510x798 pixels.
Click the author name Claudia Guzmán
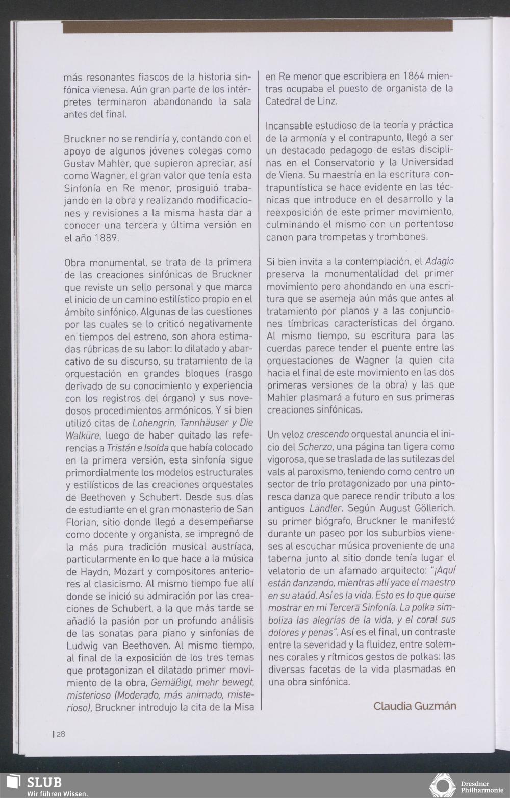pos(415,706)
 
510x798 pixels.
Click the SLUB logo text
pos(44,782)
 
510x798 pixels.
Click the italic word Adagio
pos(439,262)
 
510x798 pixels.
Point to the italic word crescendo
pos(327,434)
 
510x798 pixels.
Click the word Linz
pos(326,101)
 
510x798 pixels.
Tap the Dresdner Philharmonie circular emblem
pos(443,786)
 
